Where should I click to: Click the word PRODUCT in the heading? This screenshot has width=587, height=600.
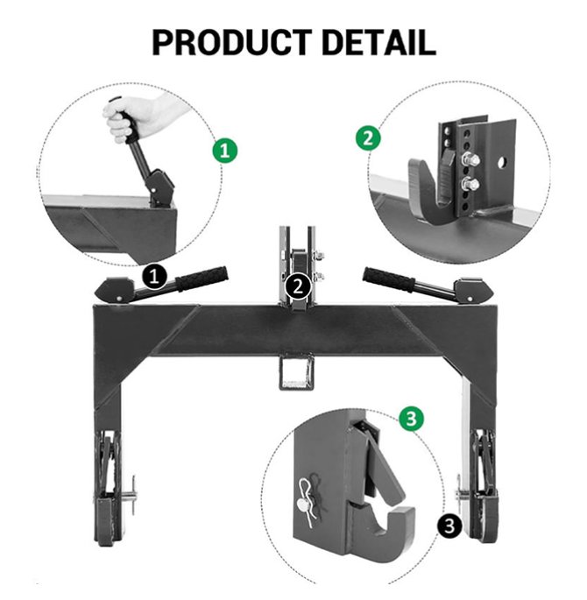[232, 42]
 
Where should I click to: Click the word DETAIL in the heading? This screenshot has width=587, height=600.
[379, 42]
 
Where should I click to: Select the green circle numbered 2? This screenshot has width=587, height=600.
[368, 138]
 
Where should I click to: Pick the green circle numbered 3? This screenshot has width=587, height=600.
[412, 418]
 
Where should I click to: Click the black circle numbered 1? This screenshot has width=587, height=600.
[154, 276]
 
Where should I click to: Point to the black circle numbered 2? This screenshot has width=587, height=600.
[299, 286]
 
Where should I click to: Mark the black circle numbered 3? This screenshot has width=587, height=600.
[449, 526]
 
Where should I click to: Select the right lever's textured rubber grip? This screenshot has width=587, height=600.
[389, 279]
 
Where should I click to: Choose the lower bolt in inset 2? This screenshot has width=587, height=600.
[470, 185]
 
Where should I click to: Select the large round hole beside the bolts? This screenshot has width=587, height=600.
[501, 163]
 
